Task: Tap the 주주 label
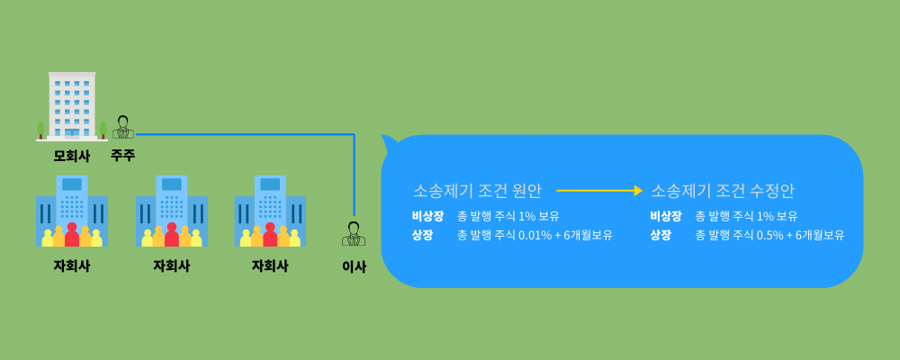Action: pyautogui.click(x=122, y=155)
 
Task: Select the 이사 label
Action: pyautogui.click(x=354, y=266)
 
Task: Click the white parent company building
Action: pyautogui.click(x=72, y=105)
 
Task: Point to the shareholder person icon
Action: pyautogui.click(x=122, y=128)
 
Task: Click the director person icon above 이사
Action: pyautogui.click(x=354, y=234)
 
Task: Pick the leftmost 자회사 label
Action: pyautogui.click(x=72, y=266)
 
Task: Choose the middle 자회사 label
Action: pyautogui.click(x=172, y=266)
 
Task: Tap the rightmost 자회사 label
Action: pyautogui.click(x=270, y=266)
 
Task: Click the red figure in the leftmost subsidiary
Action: pyautogui.click(x=72, y=235)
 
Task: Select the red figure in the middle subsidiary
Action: pyautogui.click(x=172, y=235)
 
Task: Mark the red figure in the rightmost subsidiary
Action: pyautogui.click(x=270, y=235)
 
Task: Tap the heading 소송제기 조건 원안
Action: pyautogui.click(x=477, y=191)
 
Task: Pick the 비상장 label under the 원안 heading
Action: pyautogui.click(x=427, y=217)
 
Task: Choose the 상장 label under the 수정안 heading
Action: pyautogui.click(x=661, y=236)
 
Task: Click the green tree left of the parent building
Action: pyautogui.click(x=40, y=130)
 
